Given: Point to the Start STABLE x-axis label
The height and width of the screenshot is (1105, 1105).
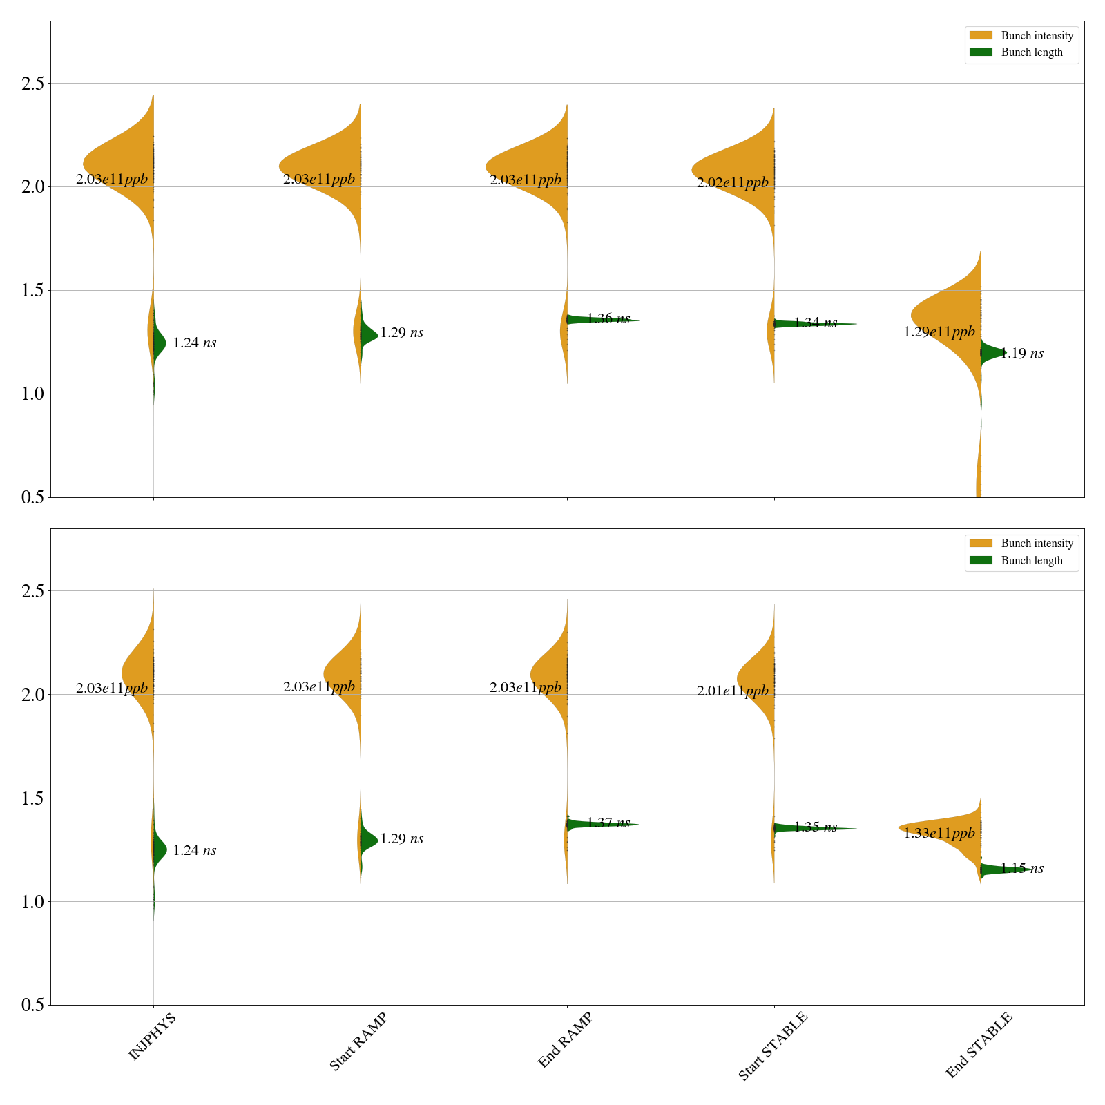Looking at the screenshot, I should tap(772, 1046).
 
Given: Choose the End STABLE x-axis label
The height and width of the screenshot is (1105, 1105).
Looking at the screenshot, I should tap(979, 1045).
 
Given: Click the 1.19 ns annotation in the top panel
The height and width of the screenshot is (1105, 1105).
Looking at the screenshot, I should tap(1022, 354).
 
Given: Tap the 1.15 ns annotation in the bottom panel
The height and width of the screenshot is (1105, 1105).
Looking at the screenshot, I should tap(1022, 869).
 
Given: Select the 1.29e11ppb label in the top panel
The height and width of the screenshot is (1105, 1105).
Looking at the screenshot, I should tap(939, 332).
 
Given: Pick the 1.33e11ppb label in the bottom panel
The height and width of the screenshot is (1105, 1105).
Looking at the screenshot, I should tap(939, 834).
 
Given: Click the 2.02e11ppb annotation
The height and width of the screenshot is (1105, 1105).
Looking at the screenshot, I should tap(732, 183).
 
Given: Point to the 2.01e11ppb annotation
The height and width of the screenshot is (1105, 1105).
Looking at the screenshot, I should tap(732, 691).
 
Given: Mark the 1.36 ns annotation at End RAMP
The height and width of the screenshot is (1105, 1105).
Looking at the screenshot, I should tap(608, 318).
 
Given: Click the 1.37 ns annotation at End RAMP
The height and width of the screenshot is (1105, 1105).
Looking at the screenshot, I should tap(608, 823).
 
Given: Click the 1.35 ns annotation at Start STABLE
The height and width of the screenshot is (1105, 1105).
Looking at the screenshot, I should tap(816, 827).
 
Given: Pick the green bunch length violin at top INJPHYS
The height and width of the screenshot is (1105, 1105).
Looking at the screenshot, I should tap(160, 341).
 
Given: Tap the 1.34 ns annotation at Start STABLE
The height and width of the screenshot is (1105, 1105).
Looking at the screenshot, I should tap(816, 323).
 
